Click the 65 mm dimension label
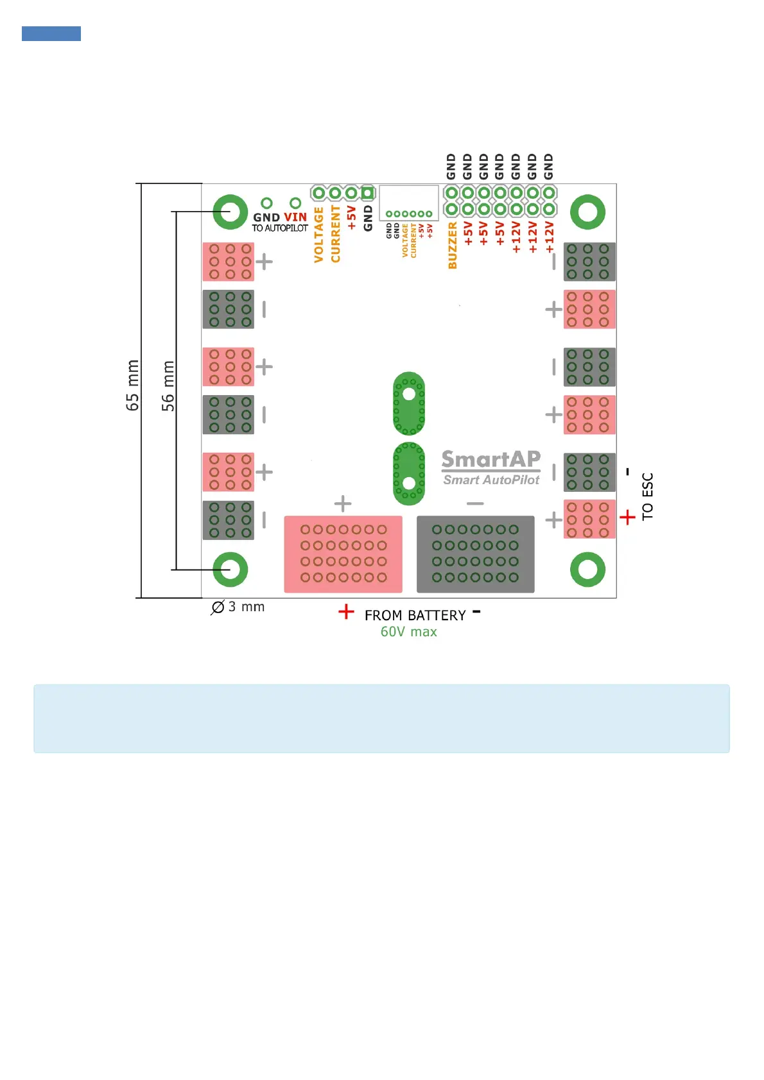click(x=132, y=385)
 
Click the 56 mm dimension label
click(x=168, y=385)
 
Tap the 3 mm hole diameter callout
click(x=238, y=607)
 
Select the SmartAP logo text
click(x=491, y=459)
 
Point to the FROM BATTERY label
click(x=415, y=616)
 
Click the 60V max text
click(x=408, y=632)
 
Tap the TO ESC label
click(x=647, y=496)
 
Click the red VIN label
click(x=295, y=217)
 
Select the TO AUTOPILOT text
click(x=280, y=228)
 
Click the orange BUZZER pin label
click(x=453, y=246)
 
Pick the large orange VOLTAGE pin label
click(x=318, y=235)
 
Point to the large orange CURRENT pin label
click(x=335, y=234)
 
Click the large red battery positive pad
click(x=343, y=554)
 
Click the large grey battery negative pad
click(x=475, y=554)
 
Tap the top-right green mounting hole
click(x=587, y=212)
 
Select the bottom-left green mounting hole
click(x=230, y=569)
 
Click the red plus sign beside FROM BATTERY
click(x=346, y=612)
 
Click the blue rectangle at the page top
click(x=51, y=33)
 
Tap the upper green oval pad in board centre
click(x=409, y=403)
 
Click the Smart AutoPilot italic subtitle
click(x=491, y=480)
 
